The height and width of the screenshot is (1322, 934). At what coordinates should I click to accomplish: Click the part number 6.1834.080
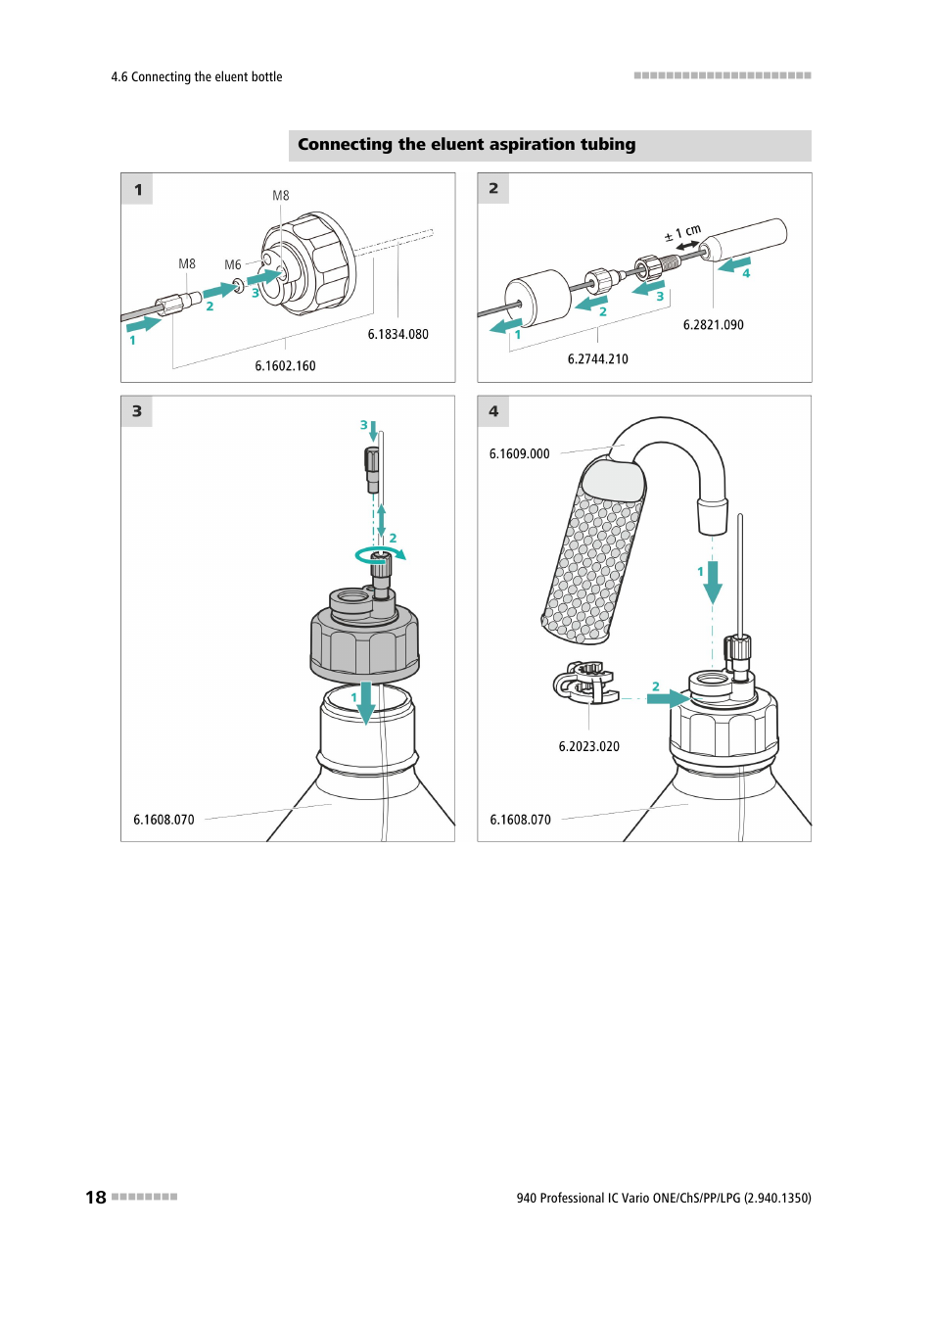[397, 334]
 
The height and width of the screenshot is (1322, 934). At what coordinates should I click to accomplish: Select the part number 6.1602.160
[285, 366]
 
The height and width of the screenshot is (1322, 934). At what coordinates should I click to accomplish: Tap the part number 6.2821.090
[714, 324]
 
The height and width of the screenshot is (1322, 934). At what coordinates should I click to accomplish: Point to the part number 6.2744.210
[597, 358]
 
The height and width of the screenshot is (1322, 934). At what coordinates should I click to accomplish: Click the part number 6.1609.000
[519, 453]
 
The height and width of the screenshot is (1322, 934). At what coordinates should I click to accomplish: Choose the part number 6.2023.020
[588, 746]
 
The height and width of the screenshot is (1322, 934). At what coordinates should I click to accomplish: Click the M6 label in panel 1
[232, 265]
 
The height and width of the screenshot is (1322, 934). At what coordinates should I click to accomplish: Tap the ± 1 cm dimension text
[682, 232]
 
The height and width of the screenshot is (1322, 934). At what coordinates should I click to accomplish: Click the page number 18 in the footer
[96, 1197]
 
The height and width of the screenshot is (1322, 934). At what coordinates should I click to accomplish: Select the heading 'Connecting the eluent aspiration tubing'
[467, 145]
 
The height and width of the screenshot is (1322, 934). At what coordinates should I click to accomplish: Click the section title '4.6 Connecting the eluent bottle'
[197, 76]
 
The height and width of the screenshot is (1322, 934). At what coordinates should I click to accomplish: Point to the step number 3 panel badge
[137, 411]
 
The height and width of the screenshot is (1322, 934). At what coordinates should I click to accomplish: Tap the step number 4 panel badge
[493, 411]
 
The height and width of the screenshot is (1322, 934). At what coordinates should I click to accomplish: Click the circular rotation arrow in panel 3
[380, 554]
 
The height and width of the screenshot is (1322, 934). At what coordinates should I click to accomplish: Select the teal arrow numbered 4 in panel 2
[734, 264]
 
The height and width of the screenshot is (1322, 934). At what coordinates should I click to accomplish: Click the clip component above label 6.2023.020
[584, 685]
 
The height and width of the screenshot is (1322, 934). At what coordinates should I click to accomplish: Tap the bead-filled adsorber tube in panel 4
[593, 552]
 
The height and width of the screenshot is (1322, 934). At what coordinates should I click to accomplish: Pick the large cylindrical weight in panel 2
[537, 298]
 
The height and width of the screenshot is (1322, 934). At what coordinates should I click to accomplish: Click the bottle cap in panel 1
[308, 262]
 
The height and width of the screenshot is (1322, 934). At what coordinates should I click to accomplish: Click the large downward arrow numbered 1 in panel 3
[366, 703]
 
